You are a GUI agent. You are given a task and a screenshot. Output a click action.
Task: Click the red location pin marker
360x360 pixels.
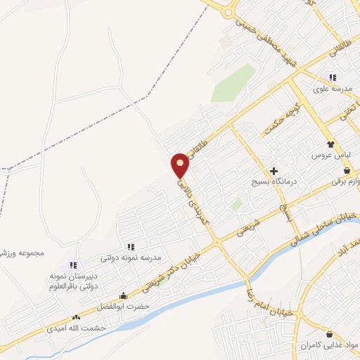(181, 165)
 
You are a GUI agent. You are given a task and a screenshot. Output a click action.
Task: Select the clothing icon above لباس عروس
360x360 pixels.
(331, 143)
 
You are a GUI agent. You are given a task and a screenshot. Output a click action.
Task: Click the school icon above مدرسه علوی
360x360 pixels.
(332, 78)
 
